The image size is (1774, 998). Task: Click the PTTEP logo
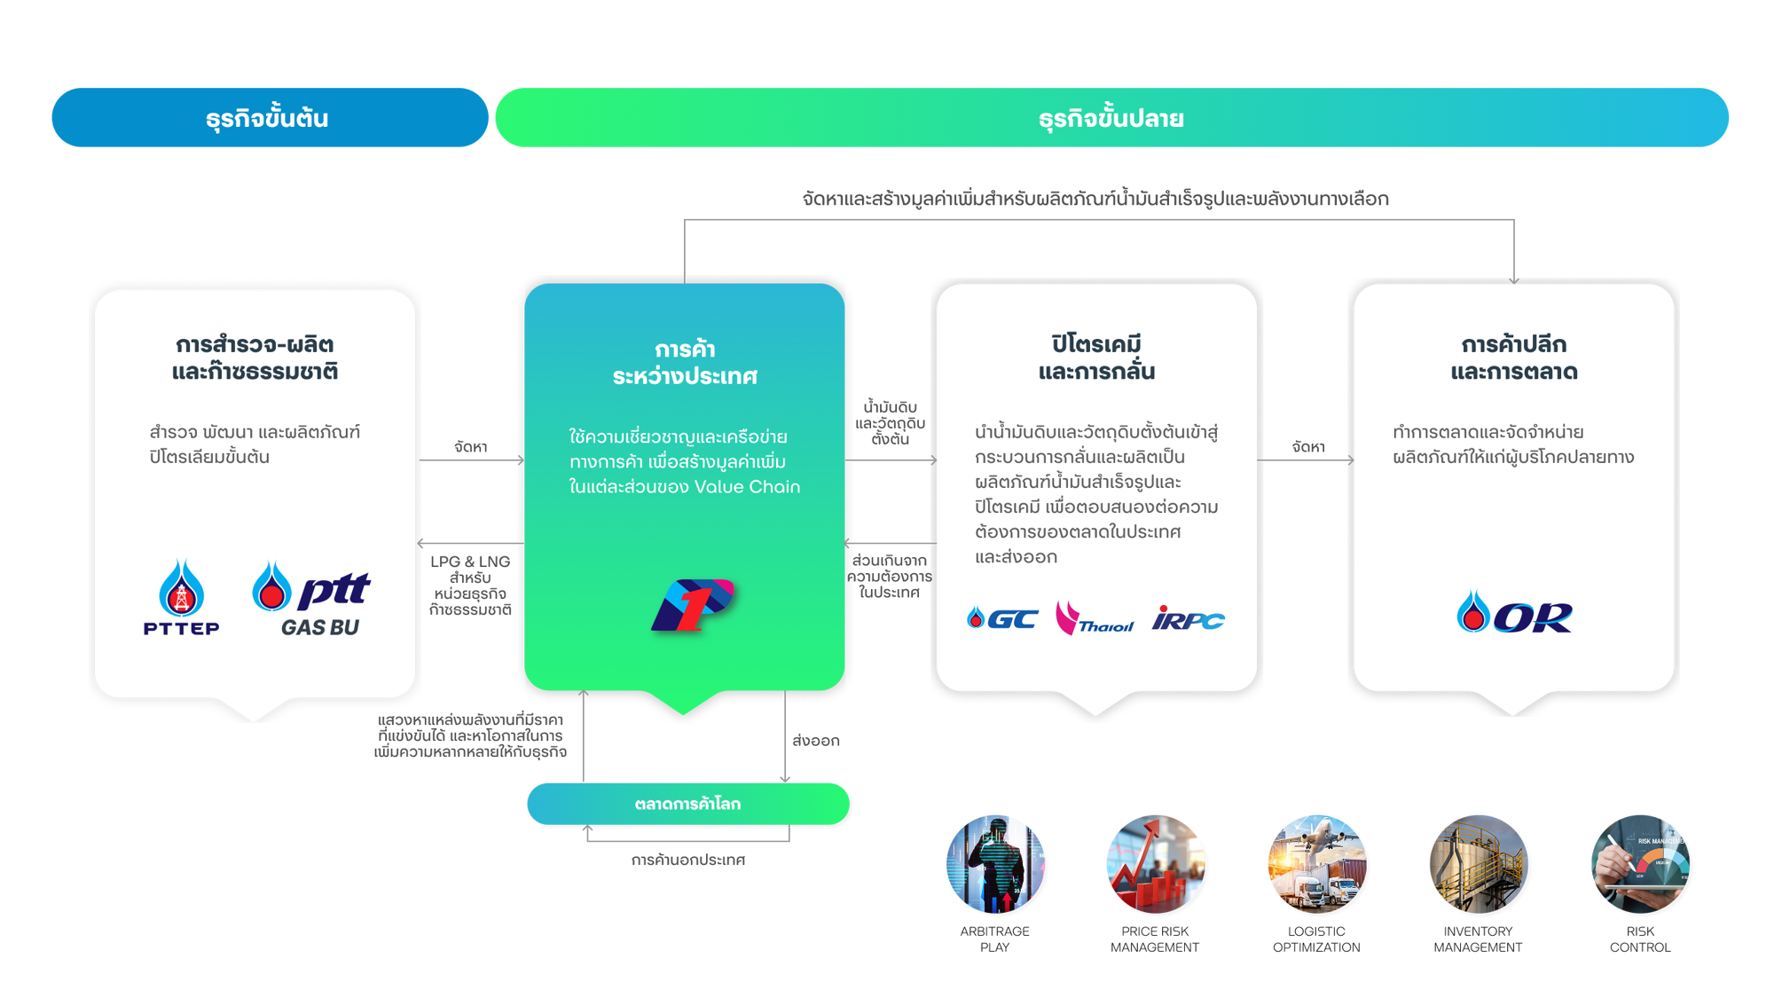[x=181, y=599]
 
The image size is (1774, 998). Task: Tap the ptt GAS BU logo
[x=311, y=599]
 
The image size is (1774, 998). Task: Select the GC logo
[x=1002, y=618]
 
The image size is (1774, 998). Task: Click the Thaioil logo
[x=1094, y=618]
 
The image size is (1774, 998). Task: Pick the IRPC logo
[x=1188, y=618]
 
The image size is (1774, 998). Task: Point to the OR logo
[x=1514, y=613]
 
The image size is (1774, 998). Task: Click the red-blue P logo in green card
[x=693, y=605]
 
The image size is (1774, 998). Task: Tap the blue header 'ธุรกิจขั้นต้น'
[x=266, y=119]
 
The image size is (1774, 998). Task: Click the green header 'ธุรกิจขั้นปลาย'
[x=1111, y=119]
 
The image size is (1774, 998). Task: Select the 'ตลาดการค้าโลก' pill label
[x=687, y=804]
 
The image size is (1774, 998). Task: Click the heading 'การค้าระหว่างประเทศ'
[x=685, y=363]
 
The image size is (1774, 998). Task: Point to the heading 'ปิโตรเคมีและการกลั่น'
[x=1096, y=358]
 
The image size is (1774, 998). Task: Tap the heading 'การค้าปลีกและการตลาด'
[x=1514, y=358]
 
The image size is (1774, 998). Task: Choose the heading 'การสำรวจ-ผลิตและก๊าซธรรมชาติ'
[x=255, y=358]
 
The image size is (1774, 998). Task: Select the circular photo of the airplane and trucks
[x=1318, y=865]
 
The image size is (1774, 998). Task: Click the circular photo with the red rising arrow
[x=1156, y=865]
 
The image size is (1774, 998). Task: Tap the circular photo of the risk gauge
[x=1642, y=865]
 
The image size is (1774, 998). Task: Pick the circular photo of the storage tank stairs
[x=1480, y=865]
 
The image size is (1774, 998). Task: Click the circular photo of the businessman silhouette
[x=997, y=865]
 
